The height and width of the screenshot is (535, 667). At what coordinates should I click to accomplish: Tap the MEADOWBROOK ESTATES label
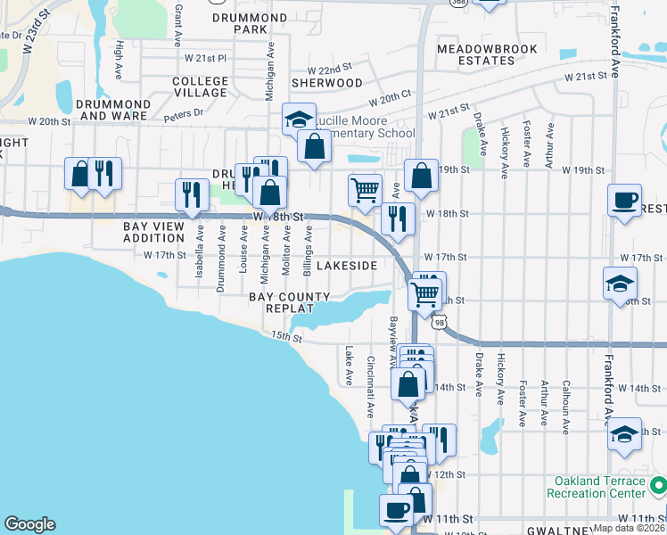pyautogui.click(x=475, y=54)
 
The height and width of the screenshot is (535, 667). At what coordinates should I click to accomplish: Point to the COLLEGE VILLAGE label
pyautogui.click(x=200, y=86)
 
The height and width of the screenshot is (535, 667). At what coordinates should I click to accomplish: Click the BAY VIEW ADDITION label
pyautogui.click(x=153, y=233)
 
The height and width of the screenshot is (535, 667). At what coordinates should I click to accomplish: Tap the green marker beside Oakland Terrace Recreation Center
pyautogui.click(x=658, y=486)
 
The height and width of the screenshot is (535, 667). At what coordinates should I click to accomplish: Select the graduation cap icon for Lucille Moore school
pyautogui.click(x=299, y=118)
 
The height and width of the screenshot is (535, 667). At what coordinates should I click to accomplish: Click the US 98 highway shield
pyautogui.click(x=441, y=322)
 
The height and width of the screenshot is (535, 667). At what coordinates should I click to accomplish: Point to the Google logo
pyautogui.click(x=29, y=523)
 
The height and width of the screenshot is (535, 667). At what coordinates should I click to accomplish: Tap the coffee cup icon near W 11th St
pyautogui.click(x=395, y=511)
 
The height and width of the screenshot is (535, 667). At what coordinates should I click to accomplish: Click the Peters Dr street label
pyautogui.click(x=184, y=114)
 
